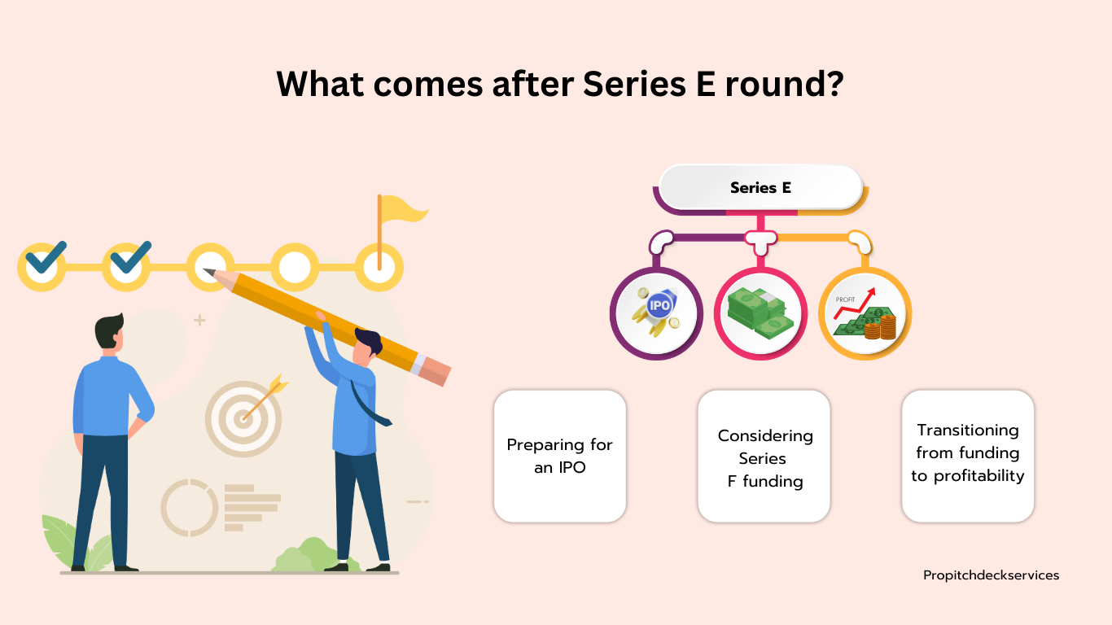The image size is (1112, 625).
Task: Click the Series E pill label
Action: coord(760,188)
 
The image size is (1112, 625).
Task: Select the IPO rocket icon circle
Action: coord(656,313)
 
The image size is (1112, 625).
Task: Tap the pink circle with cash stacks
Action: coord(760,313)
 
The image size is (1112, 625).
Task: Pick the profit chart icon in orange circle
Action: coord(865,313)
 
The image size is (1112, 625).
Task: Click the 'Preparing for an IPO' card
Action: coord(560,457)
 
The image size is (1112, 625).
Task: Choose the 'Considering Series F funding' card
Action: coord(764,457)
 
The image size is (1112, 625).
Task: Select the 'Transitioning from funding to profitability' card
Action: coord(968,457)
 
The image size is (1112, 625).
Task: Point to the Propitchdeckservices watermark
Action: coord(991,575)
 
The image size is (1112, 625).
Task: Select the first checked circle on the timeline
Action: coord(42,267)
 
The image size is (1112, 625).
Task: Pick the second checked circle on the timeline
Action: coord(126,267)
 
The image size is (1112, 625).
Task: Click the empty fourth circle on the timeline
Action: coord(295,267)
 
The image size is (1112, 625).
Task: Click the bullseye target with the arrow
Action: coord(243,418)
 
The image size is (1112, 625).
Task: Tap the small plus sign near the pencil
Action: coord(199,320)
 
